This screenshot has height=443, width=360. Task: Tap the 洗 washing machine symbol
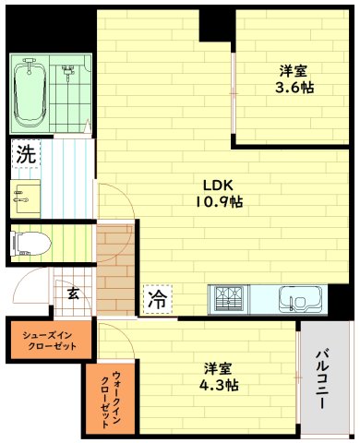[25, 154]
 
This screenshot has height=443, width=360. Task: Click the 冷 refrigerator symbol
[157, 299]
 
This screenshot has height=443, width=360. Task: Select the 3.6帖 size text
[294, 88]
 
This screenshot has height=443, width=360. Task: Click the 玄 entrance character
[72, 293]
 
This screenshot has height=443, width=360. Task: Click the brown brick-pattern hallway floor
[116, 268]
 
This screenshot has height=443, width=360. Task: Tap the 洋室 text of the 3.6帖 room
[294, 69]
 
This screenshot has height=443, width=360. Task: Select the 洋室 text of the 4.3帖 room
[219, 366]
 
